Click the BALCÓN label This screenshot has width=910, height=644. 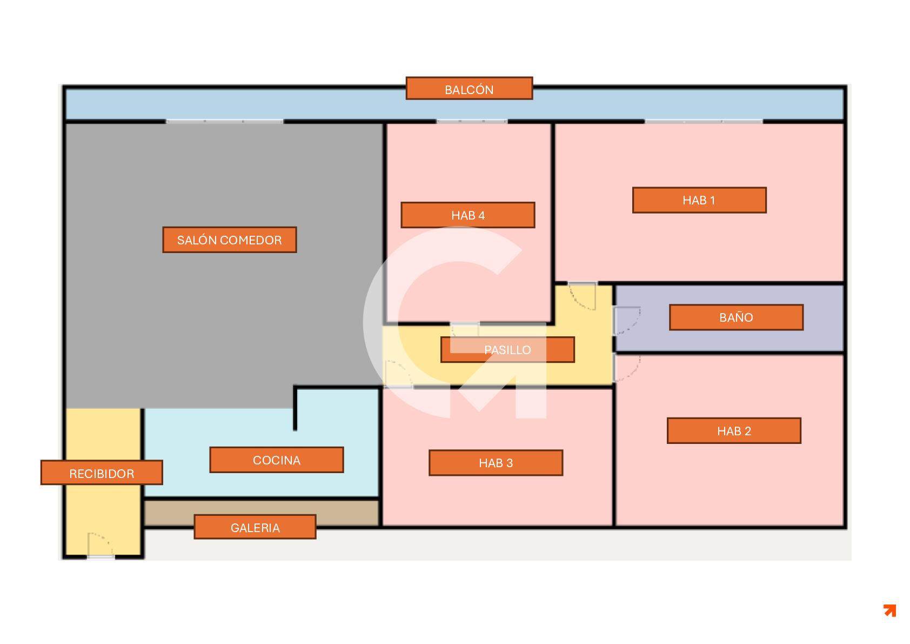point(469,89)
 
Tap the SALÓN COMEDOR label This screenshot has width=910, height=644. point(229,240)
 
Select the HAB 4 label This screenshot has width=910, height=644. point(467,215)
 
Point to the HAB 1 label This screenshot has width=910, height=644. point(699,200)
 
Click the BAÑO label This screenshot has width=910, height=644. point(736,317)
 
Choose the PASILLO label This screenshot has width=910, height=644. point(507,350)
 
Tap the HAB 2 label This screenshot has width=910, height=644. point(734,431)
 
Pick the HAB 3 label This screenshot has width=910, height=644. point(496,463)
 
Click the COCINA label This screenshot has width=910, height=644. point(276,460)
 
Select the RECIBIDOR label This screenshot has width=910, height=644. point(102,473)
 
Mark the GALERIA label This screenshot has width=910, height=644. point(255,527)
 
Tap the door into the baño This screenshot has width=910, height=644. point(626,320)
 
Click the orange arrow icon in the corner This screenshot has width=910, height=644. point(889,610)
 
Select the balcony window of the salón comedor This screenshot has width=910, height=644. point(224,122)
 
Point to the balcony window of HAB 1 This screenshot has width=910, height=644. point(703,122)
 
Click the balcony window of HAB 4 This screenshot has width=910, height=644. point(471,122)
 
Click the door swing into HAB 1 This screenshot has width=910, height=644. point(583,295)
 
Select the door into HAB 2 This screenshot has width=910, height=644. point(626,368)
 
